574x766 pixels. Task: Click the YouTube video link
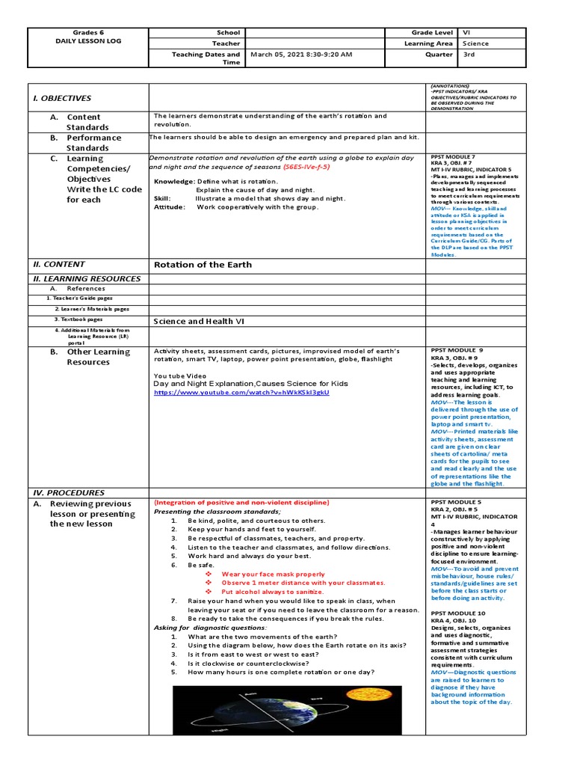[241, 392]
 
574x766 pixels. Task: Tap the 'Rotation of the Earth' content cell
[203, 264]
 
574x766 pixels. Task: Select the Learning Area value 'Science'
[476, 43]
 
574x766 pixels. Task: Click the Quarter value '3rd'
[469, 55]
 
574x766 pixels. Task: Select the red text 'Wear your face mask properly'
[273, 574]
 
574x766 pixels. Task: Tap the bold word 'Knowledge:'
[175, 182]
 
